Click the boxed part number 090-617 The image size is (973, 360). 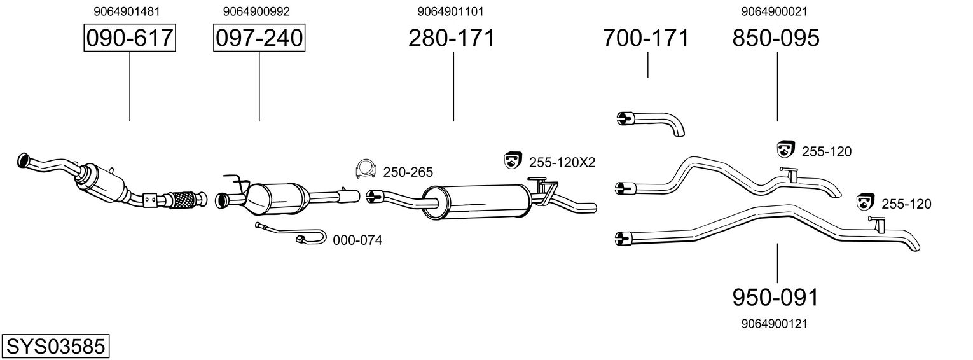(130, 38)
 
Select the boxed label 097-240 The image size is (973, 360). (259, 38)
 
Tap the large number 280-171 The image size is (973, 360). (451, 38)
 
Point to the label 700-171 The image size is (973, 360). (645, 38)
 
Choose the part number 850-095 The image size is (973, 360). (776, 38)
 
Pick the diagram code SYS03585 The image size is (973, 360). (55, 347)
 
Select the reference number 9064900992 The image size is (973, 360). (256, 11)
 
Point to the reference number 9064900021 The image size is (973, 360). (774, 11)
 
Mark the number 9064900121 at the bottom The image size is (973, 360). (774, 324)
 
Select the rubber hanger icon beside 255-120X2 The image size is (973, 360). (512, 161)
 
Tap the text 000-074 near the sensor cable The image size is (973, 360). (357, 240)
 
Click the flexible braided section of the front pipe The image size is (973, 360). (183, 200)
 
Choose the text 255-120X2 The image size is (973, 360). (562, 162)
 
